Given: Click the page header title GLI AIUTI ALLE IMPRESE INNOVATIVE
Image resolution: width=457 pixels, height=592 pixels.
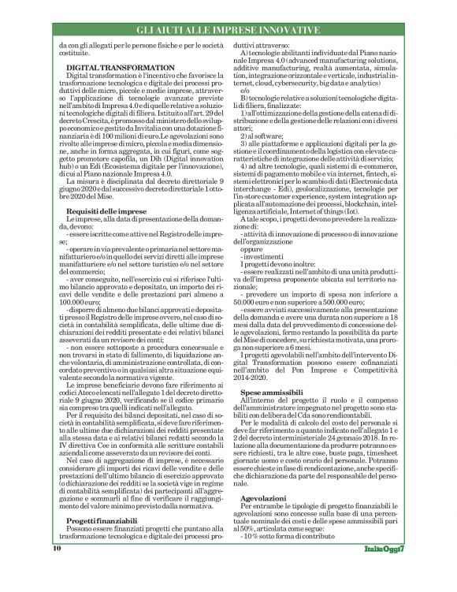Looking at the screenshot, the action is click(x=228, y=30).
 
